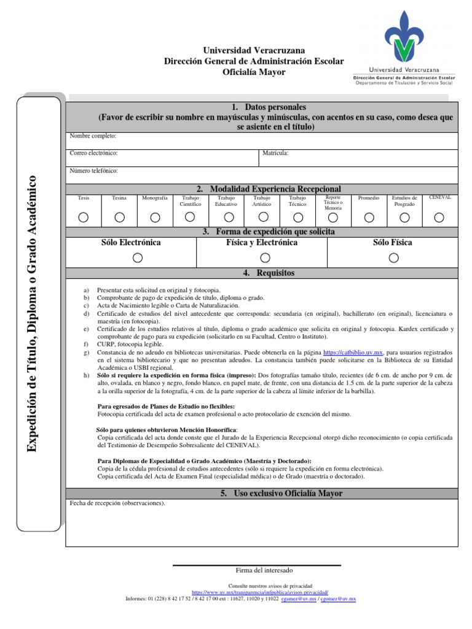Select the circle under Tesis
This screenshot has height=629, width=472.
coord(84,217)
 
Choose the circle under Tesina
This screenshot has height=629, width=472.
coord(119,217)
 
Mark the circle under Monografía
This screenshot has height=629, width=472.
coord(155,217)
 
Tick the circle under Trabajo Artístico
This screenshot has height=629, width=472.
coord(263,217)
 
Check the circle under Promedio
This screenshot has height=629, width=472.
coord(369,217)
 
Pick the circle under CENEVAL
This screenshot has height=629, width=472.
coord(439,217)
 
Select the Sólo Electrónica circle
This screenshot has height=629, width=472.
coord(138,258)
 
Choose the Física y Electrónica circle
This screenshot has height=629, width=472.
coord(262,258)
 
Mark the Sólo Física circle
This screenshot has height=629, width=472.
coord(393,258)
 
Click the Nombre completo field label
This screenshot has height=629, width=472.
coord(93,136)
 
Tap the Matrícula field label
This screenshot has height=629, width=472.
coord(275,153)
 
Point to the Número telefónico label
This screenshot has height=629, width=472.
coord(93,171)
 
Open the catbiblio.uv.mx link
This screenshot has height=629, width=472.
coord(353,353)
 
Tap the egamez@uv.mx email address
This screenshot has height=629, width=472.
coord(299,598)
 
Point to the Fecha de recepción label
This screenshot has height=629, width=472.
coord(117,503)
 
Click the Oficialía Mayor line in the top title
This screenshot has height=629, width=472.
coord(254,72)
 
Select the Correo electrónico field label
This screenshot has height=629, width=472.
coord(93,153)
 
